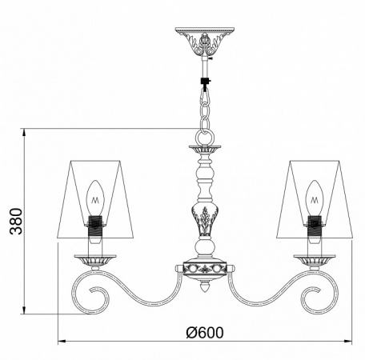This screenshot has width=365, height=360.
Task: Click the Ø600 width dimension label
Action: point(206,332)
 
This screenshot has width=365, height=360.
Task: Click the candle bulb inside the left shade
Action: point(95,195)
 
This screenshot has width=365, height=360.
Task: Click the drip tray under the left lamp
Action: point(95,259)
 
